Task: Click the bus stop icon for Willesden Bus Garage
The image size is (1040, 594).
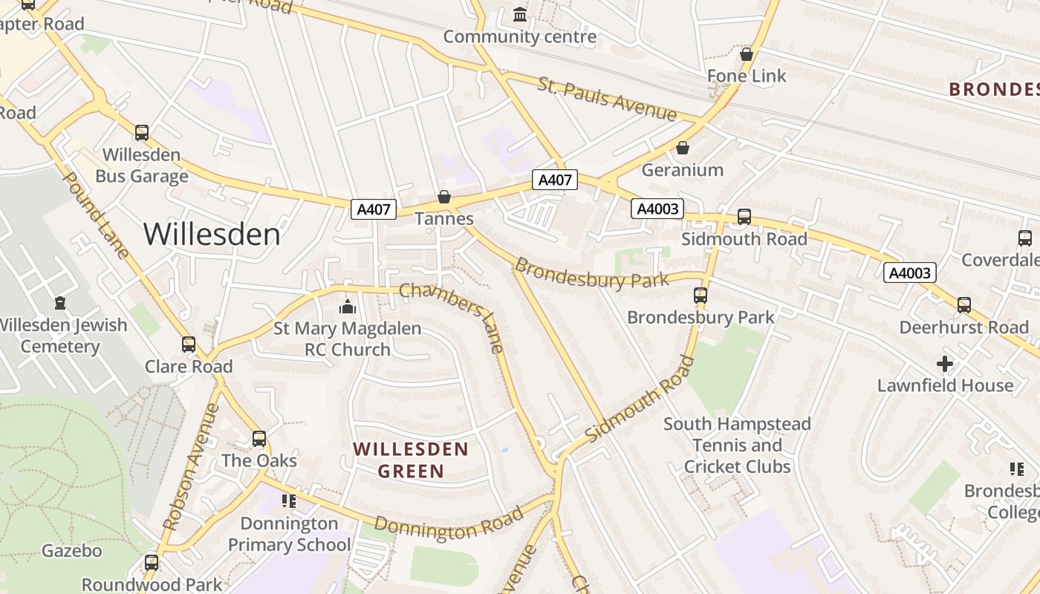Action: [x=141, y=133]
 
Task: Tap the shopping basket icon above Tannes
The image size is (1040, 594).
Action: [x=444, y=197]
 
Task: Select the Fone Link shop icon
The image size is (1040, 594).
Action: [x=747, y=54]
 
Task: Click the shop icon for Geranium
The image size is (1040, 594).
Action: [x=682, y=148]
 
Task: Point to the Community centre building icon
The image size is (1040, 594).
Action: [x=520, y=14]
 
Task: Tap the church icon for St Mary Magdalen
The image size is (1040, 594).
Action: [x=347, y=306]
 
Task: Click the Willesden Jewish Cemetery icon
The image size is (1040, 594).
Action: [x=59, y=303]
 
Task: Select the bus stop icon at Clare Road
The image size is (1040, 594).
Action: [x=189, y=345]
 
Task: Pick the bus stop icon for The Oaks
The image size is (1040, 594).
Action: [x=259, y=439]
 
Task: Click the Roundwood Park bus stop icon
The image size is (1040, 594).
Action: [x=152, y=562]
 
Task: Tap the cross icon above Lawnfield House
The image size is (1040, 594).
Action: [x=944, y=364]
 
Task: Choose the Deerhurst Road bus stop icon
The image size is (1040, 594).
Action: [x=963, y=305]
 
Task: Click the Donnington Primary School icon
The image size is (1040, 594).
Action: [x=289, y=501]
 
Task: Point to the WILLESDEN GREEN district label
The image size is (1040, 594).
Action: [x=411, y=460]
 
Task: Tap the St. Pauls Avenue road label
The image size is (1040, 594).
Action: [x=607, y=98]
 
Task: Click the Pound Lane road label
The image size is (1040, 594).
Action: [x=97, y=215]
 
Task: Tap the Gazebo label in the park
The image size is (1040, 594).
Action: [x=71, y=551]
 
